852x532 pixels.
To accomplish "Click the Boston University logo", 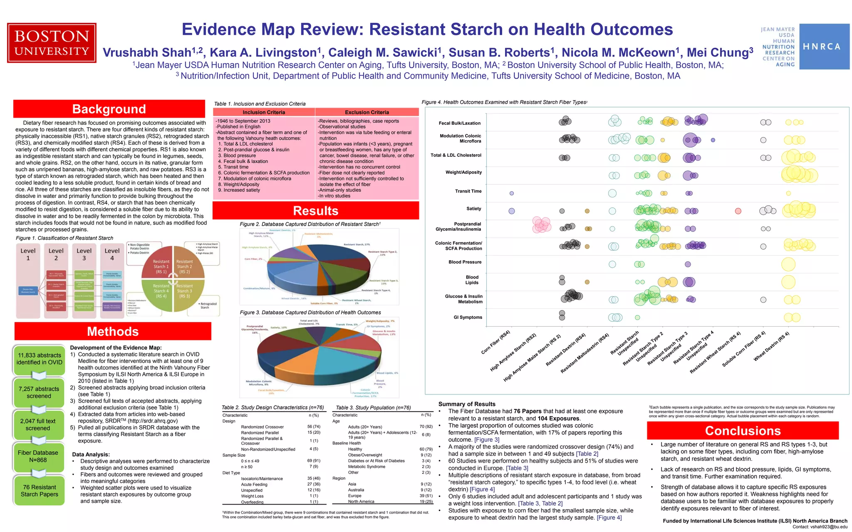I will [x=52, y=43].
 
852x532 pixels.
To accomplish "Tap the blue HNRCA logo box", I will [x=824, y=47].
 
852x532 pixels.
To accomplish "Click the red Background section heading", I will [x=109, y=109].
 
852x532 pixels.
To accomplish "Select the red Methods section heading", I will [x=113, y=331].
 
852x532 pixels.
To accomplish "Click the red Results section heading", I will [x=315, y=211].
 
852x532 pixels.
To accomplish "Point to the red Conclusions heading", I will [x=743, y=431].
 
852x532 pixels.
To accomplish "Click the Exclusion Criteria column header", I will [x=367, y=112].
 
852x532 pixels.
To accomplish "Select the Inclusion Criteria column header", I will [x=264, y=112].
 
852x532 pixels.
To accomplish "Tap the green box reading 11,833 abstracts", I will [x=39, y=359].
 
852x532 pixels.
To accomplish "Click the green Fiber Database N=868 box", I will [x=38, y=456].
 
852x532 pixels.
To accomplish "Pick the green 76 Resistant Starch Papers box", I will [x=40, y=491].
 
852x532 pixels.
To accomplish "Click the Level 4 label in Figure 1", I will [x=112, y=254].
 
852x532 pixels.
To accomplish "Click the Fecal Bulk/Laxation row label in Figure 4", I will [x=459, y=123].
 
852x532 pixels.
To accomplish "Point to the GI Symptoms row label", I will [x=468, y=317].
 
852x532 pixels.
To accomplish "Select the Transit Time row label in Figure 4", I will [x=468, y=191].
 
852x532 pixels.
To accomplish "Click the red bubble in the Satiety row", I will [x=738, y=211].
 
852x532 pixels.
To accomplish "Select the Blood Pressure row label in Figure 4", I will [x=465, y=262].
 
